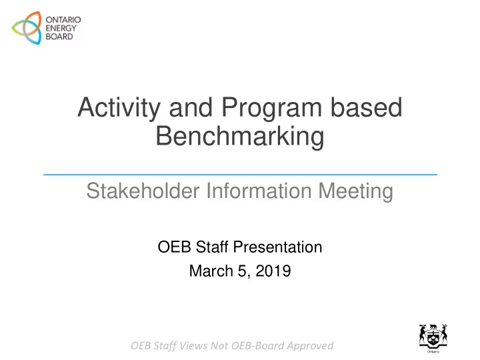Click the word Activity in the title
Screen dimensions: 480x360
(x=119, y=108)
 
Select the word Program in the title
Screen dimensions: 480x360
(x=271, y=108)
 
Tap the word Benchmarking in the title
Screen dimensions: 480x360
(x=240, y=137)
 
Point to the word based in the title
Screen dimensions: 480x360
(x=366, y=107)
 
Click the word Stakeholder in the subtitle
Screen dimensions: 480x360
(x=143, y=191)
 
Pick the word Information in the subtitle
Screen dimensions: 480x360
(x=259, y=191)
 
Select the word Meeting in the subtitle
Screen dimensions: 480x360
(x=356, y=191)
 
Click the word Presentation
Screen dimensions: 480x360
(x=277, y=247)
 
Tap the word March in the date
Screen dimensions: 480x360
(x=211, y=271)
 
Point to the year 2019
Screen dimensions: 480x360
(x=273, y=271)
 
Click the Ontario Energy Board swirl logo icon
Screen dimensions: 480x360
(x=26, y=28)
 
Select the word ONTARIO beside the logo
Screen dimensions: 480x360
(x=63, y=20)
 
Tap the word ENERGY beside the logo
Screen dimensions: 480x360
(x=61, y=28)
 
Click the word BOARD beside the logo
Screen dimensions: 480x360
(x=59, y=37)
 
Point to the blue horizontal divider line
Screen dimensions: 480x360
(x=240, y=175)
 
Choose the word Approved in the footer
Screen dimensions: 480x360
(x=310, y=346)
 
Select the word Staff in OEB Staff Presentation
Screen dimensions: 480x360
(x=212, y=247)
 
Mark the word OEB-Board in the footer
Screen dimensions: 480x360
(x=257, y=345)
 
